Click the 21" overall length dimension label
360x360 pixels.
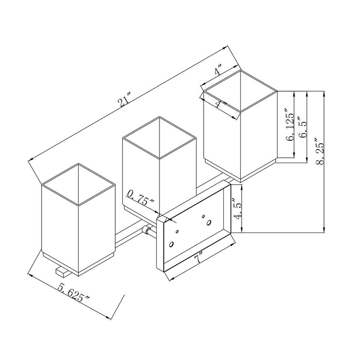pos(124,100)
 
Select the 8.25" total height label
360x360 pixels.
pos(319,151)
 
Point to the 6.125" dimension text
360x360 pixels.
pos(290,124)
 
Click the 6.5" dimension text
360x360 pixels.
pos(302,127)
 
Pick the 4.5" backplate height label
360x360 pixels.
pos(238,208)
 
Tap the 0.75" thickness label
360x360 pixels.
pos(141,197)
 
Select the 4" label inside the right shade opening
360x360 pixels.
pos(221,104)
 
